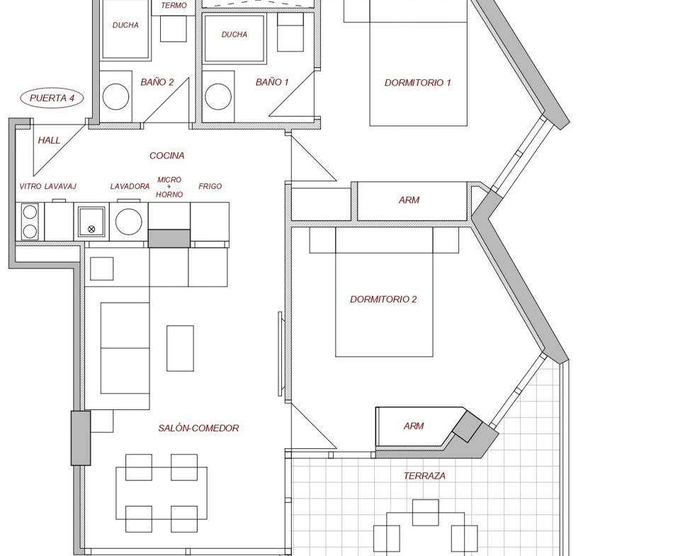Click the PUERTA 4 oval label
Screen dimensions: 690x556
coord(52,98)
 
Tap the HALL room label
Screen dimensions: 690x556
coord(49,140)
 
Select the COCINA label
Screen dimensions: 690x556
coord(166,155)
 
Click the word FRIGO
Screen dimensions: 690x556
coord(210,186)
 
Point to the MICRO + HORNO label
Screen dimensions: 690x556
coord(169,186)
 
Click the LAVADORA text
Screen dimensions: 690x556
coord(130,186)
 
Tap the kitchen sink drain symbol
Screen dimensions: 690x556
coord(91,229)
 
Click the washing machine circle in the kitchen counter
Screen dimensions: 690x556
coord(128,222)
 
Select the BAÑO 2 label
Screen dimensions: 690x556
coord(157,82)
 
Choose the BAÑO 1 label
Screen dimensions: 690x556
coord(272,82)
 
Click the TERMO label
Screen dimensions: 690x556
coord(174,5)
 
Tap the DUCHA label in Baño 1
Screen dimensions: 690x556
coord(234,34)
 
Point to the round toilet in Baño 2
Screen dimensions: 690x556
coord(115,97)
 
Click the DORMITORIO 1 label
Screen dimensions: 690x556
coord(417,82)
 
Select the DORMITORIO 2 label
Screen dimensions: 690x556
coord(383,299)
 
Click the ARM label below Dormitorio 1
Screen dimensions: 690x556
coord(409,200)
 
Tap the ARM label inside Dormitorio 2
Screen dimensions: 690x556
coord(414,426)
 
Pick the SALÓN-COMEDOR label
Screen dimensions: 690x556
coord(198,428)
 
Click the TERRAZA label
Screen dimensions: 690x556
coord(424,475)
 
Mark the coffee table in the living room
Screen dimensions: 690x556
coord(180,348)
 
